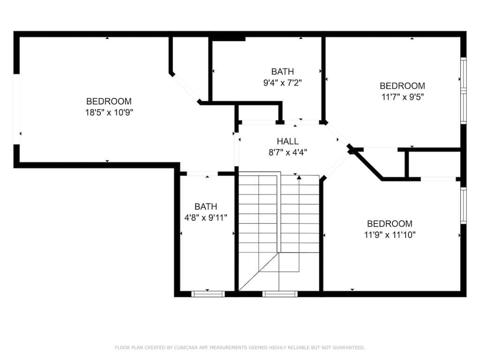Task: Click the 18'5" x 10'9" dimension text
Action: pyautogui.click(x=109, y=112)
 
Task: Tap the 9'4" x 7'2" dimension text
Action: pyautogui.click(x=283, y=82)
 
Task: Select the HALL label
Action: pyautogui.click(x=288, y=141)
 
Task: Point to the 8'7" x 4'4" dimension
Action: pyautogui.click(x=288, y=152)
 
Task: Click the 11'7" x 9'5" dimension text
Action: pyautogui.click(x=403, y=97)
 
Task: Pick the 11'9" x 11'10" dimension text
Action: pyautogui.click(x=390, y=235)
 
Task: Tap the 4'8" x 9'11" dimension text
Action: pyautogui.click(x=206, y=217)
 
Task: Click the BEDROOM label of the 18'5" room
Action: pyautogui.click(x=109, y=101)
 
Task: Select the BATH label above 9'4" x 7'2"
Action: pyautogui.click(x=283, y=72)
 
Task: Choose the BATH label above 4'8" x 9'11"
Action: pyautogui.click(x=206, y=207)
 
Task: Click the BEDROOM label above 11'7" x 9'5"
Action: pyautogui.click(x=403, y=86)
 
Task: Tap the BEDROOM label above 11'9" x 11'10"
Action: pyautogui.click(x=390, y=224)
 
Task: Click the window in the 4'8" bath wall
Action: pyautogui.click(x=208, y=294)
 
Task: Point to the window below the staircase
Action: pyautogui.click(x=280, y=294)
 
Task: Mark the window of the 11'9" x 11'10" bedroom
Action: pyautogui.click(x=464, y=205)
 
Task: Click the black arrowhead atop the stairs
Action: pyautogui.click(x=299, y=177)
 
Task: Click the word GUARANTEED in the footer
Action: pyautogui.click(x=349, y=347)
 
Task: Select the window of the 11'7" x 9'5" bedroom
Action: pyautogui.click(x=464, y=90)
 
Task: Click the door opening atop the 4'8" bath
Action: pyautogui.click(x=202, y=174)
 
